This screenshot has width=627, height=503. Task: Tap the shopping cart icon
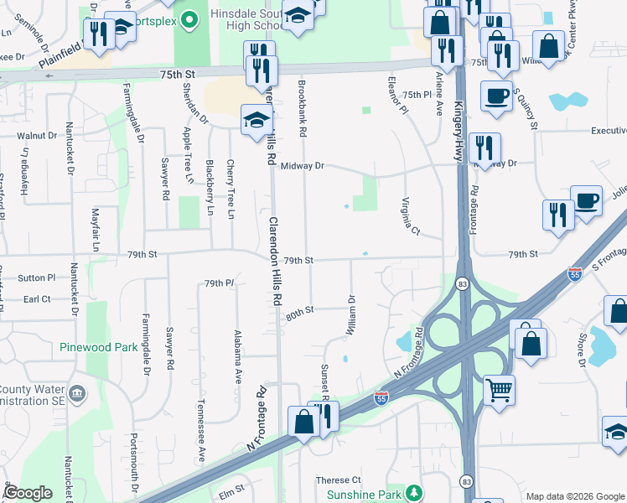[x=498, y=389]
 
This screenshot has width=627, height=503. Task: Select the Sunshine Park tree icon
[x=412, y=490]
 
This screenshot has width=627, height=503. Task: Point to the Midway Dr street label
[x=302, y=166]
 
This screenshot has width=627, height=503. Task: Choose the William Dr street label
[x=350, y=315]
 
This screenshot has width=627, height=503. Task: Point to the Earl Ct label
[x=37, y=298]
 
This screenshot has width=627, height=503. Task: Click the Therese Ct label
[x=338, y=480]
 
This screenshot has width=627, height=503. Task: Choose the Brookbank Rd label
[x=301, y=110]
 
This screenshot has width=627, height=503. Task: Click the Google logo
[x=28, y=493]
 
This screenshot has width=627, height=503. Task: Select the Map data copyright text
[x=575, y=496]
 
